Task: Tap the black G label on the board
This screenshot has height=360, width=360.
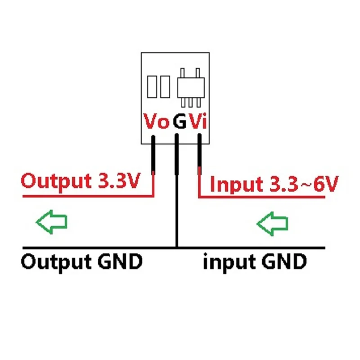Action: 179,121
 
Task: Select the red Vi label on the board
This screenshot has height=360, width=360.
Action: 198,121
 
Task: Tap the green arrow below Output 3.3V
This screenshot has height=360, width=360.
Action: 51,222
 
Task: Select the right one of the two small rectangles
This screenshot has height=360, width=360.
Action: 164,87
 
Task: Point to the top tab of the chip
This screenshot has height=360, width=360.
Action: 183,72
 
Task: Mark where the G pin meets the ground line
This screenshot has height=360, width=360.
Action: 176,247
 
